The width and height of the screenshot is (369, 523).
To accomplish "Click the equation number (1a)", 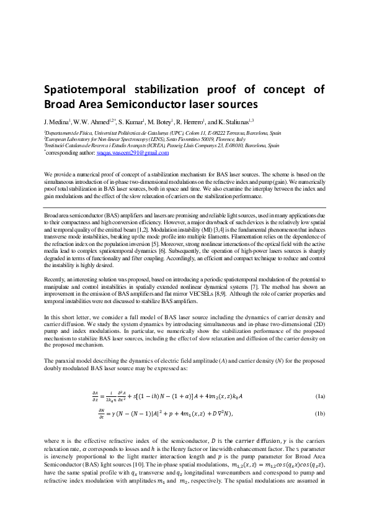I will (x=320, y=396).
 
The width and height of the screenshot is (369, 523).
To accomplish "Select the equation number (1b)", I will (x=320, y=413).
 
